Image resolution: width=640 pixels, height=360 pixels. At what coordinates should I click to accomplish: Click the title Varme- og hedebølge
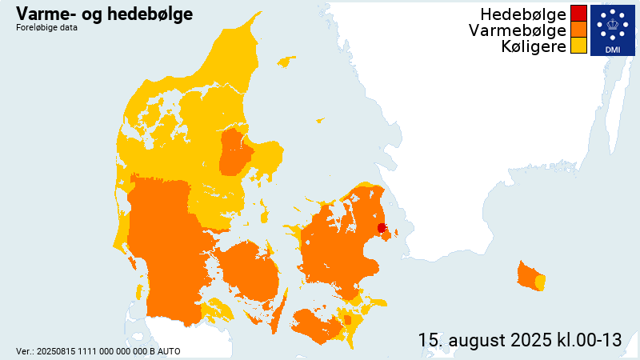pyautogui.click(x=103, y=14)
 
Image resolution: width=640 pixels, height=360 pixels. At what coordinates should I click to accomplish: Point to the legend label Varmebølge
pyautogui.click(x=518, y=30)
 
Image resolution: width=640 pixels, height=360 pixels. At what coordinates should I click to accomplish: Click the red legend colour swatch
pyautogui.click(x=578, y=14)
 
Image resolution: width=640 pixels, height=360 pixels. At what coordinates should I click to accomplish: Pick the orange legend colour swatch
pyautogui.click(x=578, y=30)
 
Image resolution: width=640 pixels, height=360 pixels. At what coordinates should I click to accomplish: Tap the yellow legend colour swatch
pyautogui.click(x=578, y=46)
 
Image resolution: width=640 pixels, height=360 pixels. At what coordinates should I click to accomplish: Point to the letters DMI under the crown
pyautogui.click(x=612, y=50)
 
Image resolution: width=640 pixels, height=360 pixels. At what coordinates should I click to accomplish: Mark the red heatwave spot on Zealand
pyautogui.click(x=382, y=228)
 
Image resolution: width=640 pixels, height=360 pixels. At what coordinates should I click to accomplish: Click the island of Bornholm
pyautogui.click(x=528, y=276)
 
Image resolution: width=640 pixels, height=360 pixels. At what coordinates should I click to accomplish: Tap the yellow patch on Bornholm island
pyautogui.click(x=540, y=282)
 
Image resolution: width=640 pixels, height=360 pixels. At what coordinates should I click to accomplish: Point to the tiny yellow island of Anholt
pyautogui.click(x=320, y=121)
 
